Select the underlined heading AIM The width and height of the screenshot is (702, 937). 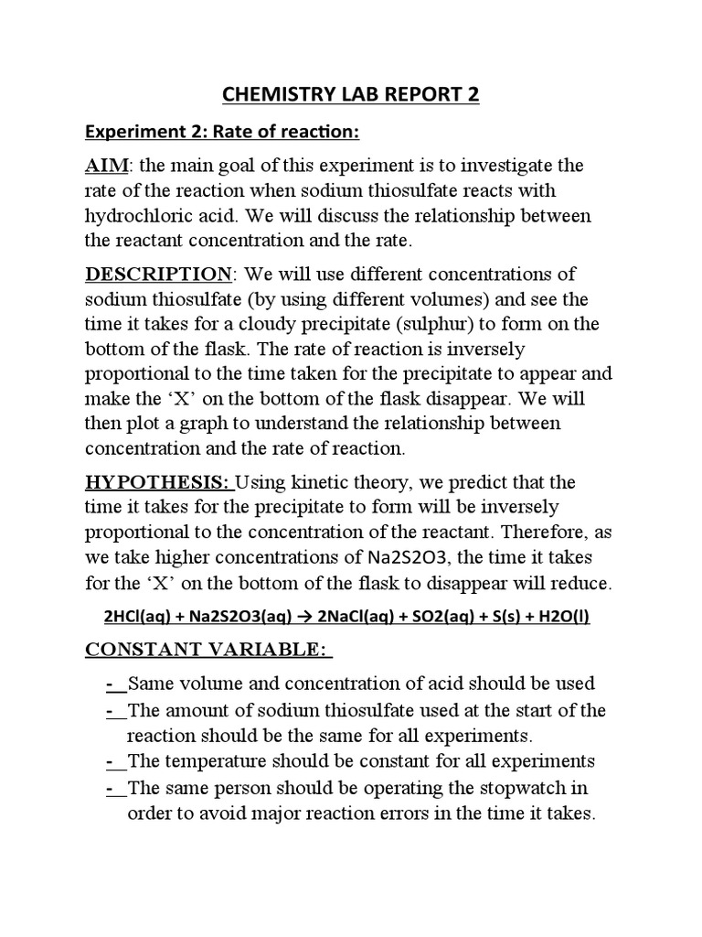[107, 167]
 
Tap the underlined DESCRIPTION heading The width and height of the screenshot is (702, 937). [157, 275]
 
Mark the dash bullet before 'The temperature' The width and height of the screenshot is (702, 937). [111, 761]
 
